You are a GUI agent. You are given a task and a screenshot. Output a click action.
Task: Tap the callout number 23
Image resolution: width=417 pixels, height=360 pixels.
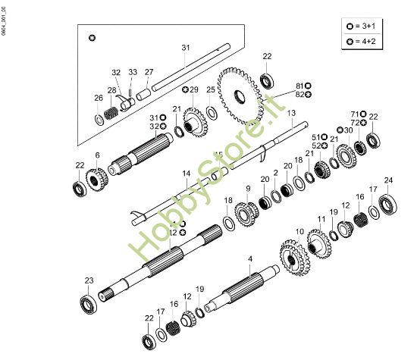click(x=89, y=281)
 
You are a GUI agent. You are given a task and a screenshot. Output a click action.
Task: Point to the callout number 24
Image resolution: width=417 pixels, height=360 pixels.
click(x=388, y=180)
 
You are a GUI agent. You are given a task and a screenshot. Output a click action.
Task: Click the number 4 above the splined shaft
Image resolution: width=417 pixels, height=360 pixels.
click(x=250, y=260)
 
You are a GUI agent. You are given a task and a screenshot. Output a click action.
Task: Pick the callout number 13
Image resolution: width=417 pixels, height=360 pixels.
click(x=290, y=112)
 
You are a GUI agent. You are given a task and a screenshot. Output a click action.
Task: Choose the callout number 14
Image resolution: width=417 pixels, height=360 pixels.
click(x=186, y=174)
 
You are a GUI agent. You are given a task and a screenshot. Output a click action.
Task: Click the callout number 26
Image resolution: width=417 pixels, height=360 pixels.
click(x=99, y=98)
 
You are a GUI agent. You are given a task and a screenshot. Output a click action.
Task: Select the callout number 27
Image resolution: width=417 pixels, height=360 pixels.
click(x=149, y=72)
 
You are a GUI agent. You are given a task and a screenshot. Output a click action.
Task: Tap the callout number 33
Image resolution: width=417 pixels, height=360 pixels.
click(x=133, y=72)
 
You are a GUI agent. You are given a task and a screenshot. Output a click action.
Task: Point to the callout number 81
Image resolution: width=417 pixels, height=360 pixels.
click(x=299, y=86)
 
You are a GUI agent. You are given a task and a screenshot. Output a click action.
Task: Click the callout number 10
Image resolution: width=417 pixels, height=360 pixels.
click(x=299, y=231)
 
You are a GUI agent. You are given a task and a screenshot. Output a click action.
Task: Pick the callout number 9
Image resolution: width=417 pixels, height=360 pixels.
click(x=247, y=188)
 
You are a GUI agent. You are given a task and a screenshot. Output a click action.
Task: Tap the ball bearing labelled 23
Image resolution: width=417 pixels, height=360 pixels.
click(x=88, y=302)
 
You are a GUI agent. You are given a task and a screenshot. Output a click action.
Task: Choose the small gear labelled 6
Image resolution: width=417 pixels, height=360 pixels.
click(x=97, y=180)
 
